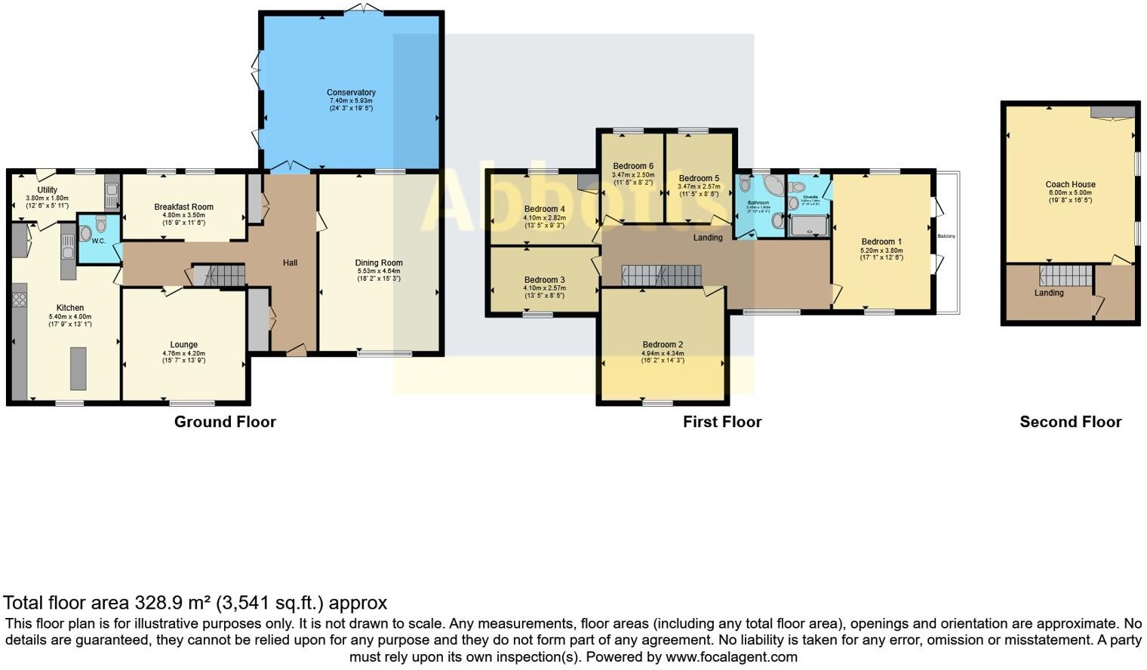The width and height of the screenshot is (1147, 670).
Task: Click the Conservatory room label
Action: [351, 93]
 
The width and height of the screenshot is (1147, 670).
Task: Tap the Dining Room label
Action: [379, 263]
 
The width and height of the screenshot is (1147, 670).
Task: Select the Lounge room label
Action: [183, 345]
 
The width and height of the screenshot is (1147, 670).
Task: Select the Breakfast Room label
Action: [183, 207]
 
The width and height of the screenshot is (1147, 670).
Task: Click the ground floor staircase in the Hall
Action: [219, 275]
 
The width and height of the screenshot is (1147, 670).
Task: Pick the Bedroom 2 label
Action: [663, 345]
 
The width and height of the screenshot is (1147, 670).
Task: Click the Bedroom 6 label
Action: [633, 166]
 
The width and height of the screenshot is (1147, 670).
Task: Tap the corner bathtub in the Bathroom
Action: [772, 186]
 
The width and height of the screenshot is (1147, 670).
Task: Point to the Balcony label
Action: [946, 236]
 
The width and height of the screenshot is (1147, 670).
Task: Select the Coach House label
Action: [1070, 184]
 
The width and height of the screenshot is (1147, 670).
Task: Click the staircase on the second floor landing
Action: [1066, 275]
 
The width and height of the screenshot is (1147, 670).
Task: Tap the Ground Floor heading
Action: [225, 422]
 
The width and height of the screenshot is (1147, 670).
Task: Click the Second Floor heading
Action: [1070, 422]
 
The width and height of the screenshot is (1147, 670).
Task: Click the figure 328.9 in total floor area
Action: [159, 603]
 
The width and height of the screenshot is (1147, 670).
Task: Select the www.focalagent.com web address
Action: [731, 656]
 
